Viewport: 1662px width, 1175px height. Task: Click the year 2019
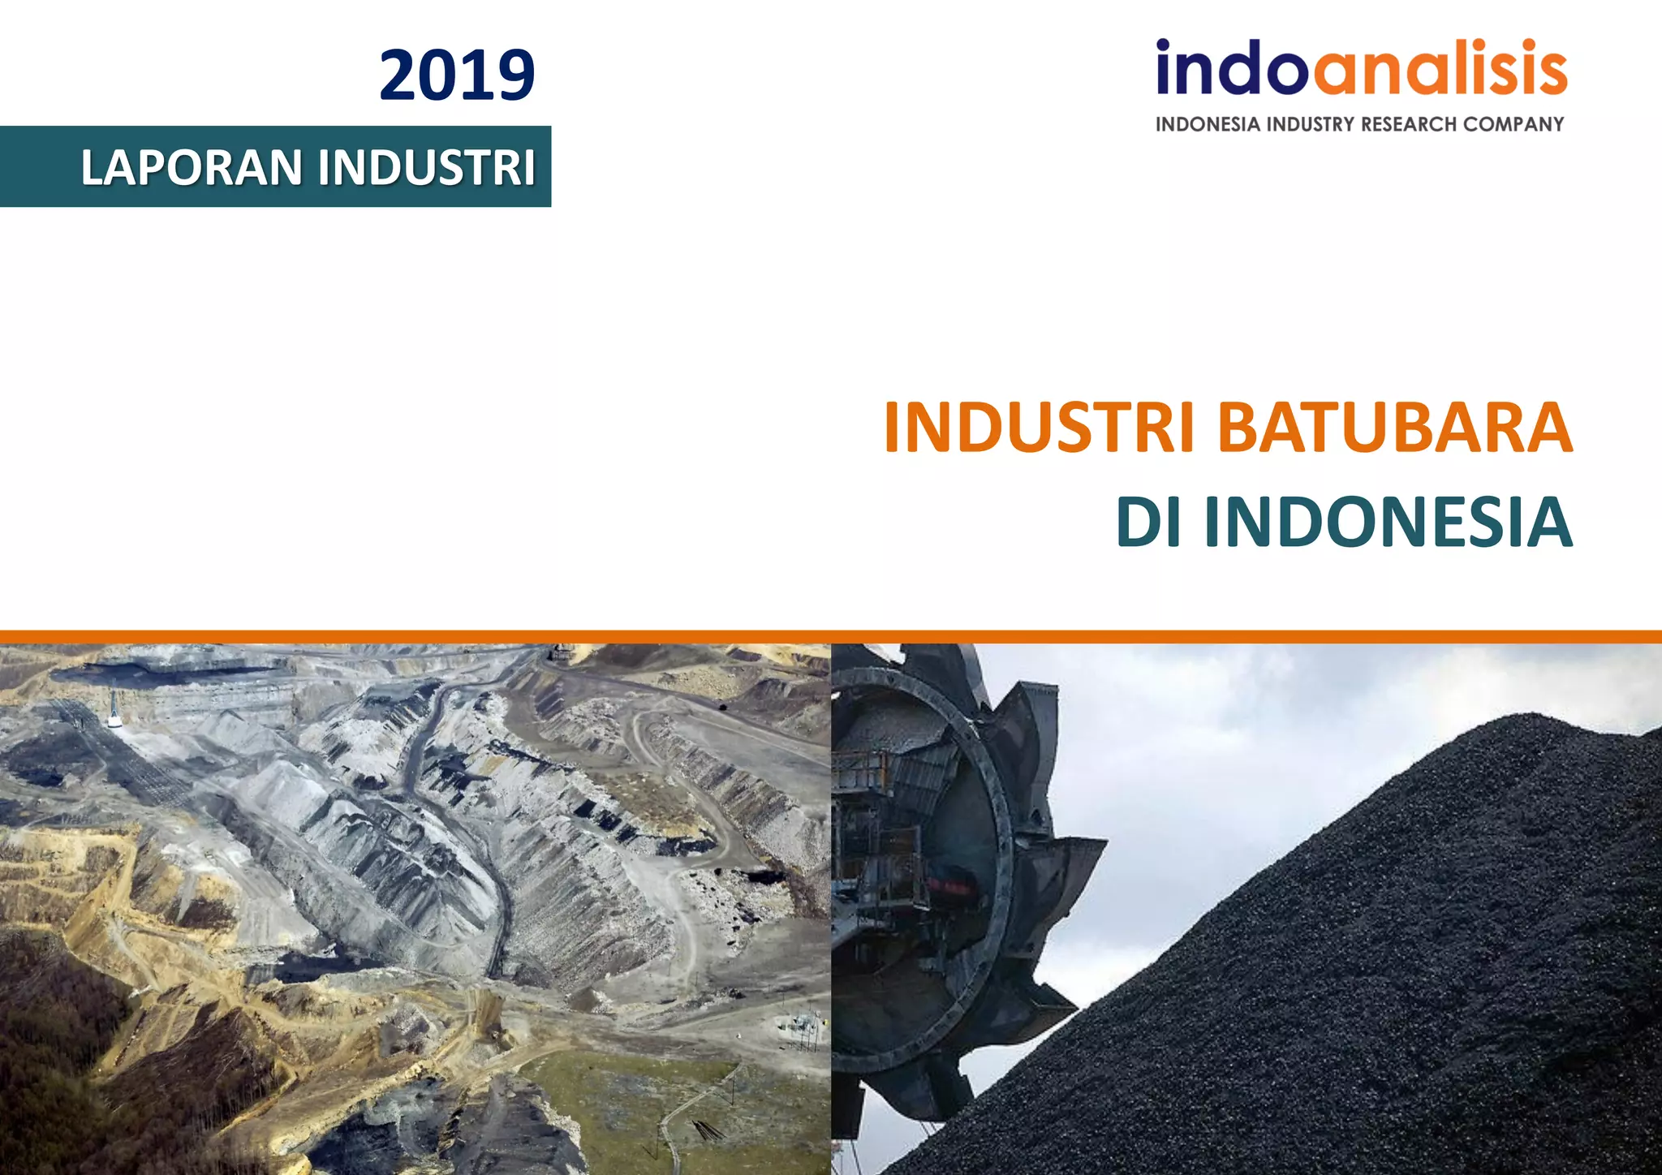[x=457, y=75]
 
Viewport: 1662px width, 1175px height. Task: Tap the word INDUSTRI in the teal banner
[x=427, y=167]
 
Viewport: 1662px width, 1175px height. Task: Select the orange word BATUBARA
[x=1395, y=428]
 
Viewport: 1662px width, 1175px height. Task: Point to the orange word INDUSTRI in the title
[x=1040, y=428]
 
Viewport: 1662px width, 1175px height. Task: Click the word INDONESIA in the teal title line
[x=1388, y=522]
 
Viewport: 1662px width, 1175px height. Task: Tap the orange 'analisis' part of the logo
[x=1440, y=68]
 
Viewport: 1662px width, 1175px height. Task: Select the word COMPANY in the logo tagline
[x=1513, y=124]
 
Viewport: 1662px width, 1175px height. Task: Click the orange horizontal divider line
[x=831, y=636]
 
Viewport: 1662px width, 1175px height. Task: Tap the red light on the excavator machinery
[x=949, y=886]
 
